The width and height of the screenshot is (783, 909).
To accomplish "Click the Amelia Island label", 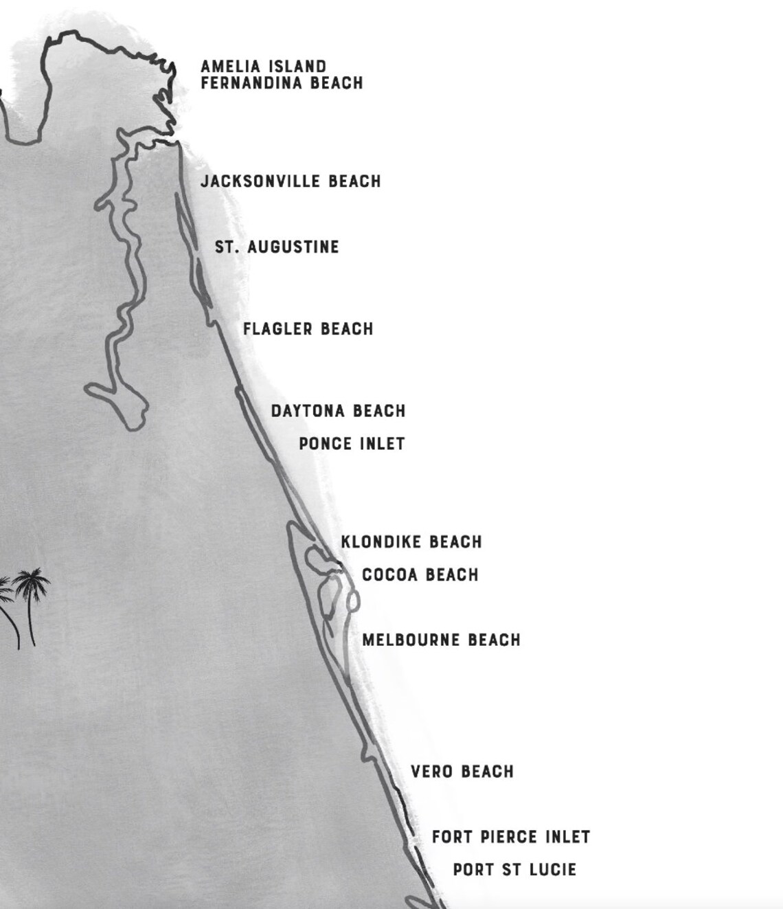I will (263, 67).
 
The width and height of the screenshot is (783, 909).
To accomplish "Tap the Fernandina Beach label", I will (282, 83).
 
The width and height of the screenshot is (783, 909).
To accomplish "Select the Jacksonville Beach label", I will (291, 181).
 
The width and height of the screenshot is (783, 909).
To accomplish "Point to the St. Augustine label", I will (277, 247).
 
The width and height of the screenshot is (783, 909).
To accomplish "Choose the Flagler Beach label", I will (308, 329).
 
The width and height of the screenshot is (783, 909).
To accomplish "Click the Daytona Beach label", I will (338, 411).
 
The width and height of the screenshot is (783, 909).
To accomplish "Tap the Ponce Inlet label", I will (352, 444).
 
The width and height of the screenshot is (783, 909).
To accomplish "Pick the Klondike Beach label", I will (411, 542).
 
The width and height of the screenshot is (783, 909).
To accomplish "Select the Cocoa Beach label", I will (420, 574).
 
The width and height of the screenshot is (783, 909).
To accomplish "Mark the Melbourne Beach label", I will (441, 640).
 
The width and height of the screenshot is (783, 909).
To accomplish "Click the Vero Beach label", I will (462, 772).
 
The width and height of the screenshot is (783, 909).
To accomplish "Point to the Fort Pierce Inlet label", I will (511, 837).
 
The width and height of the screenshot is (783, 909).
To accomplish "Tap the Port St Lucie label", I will (514, 870).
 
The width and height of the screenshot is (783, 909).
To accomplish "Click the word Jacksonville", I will (261, 181).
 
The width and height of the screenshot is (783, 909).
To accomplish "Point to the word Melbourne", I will (411, 640).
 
